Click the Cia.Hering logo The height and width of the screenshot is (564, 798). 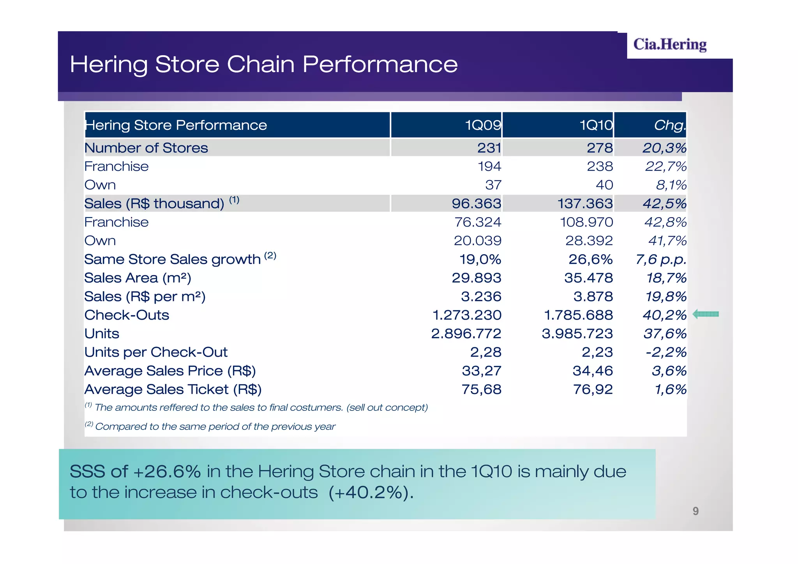click(x=669, y=44)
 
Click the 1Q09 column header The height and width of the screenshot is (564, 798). click(x=483, y=125)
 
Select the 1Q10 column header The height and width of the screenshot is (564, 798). click(x=596, y=125)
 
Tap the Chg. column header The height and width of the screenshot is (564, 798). click(x=669, y=125)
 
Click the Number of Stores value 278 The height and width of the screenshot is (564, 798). click(x=600, y=148)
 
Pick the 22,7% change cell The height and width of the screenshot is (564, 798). click(x=666, y=166)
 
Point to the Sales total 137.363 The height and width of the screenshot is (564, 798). click(x=585, y=203)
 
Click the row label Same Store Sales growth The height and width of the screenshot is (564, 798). click(x=172, y=259)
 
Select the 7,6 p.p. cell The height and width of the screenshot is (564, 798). click(x=661, y=259)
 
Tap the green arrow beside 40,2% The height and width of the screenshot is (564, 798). click(x=706, y=314)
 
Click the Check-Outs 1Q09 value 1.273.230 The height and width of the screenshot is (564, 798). click(x=467, y=315)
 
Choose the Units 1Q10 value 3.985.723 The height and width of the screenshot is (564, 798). click(x=577, y=334)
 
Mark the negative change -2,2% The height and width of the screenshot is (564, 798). click(x=666, y=352)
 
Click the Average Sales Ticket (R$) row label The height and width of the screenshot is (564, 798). click(x=173, y=389)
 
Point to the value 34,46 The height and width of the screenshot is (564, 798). click(x=593, y=371)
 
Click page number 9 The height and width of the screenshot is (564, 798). click(x=696, y=511)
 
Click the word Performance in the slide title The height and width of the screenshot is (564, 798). click(x=380, y=64)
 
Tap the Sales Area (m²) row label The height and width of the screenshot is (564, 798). click(x=138, y=278)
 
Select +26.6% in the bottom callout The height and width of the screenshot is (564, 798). click(x=167, y=472)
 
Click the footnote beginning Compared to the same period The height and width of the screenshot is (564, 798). click(x=215, y=426)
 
